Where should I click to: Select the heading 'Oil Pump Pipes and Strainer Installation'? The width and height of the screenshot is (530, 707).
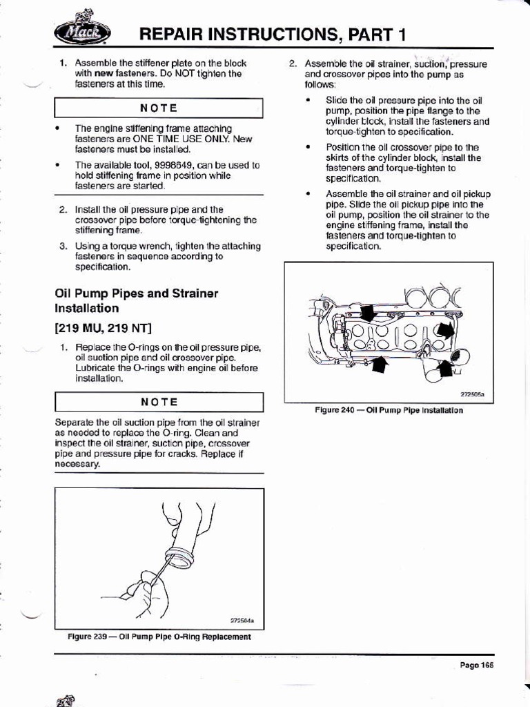(x=136, y=300)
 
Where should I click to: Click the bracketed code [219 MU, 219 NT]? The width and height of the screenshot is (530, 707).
(x=104, y=327)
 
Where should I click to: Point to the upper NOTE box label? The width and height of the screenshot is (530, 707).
(x=159, y=108)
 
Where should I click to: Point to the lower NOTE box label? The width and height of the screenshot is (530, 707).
(x=159, y=402)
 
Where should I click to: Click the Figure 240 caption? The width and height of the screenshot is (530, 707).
(x=389, y=409)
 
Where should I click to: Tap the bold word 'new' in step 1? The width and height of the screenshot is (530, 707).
(x=104, y=72)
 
